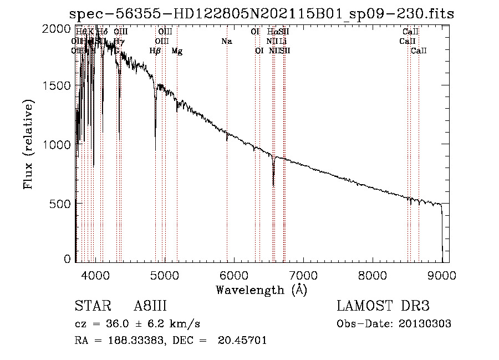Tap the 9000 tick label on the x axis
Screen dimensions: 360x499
pos(442,275)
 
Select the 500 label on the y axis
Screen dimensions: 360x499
pos(61,204)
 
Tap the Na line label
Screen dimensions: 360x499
pos(226,42)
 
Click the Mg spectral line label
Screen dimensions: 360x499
pos(177,51)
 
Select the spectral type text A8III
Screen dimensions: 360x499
pos(150,307)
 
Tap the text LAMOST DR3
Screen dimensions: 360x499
pos(383,307)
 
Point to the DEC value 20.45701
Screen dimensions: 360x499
pos(243,341)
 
